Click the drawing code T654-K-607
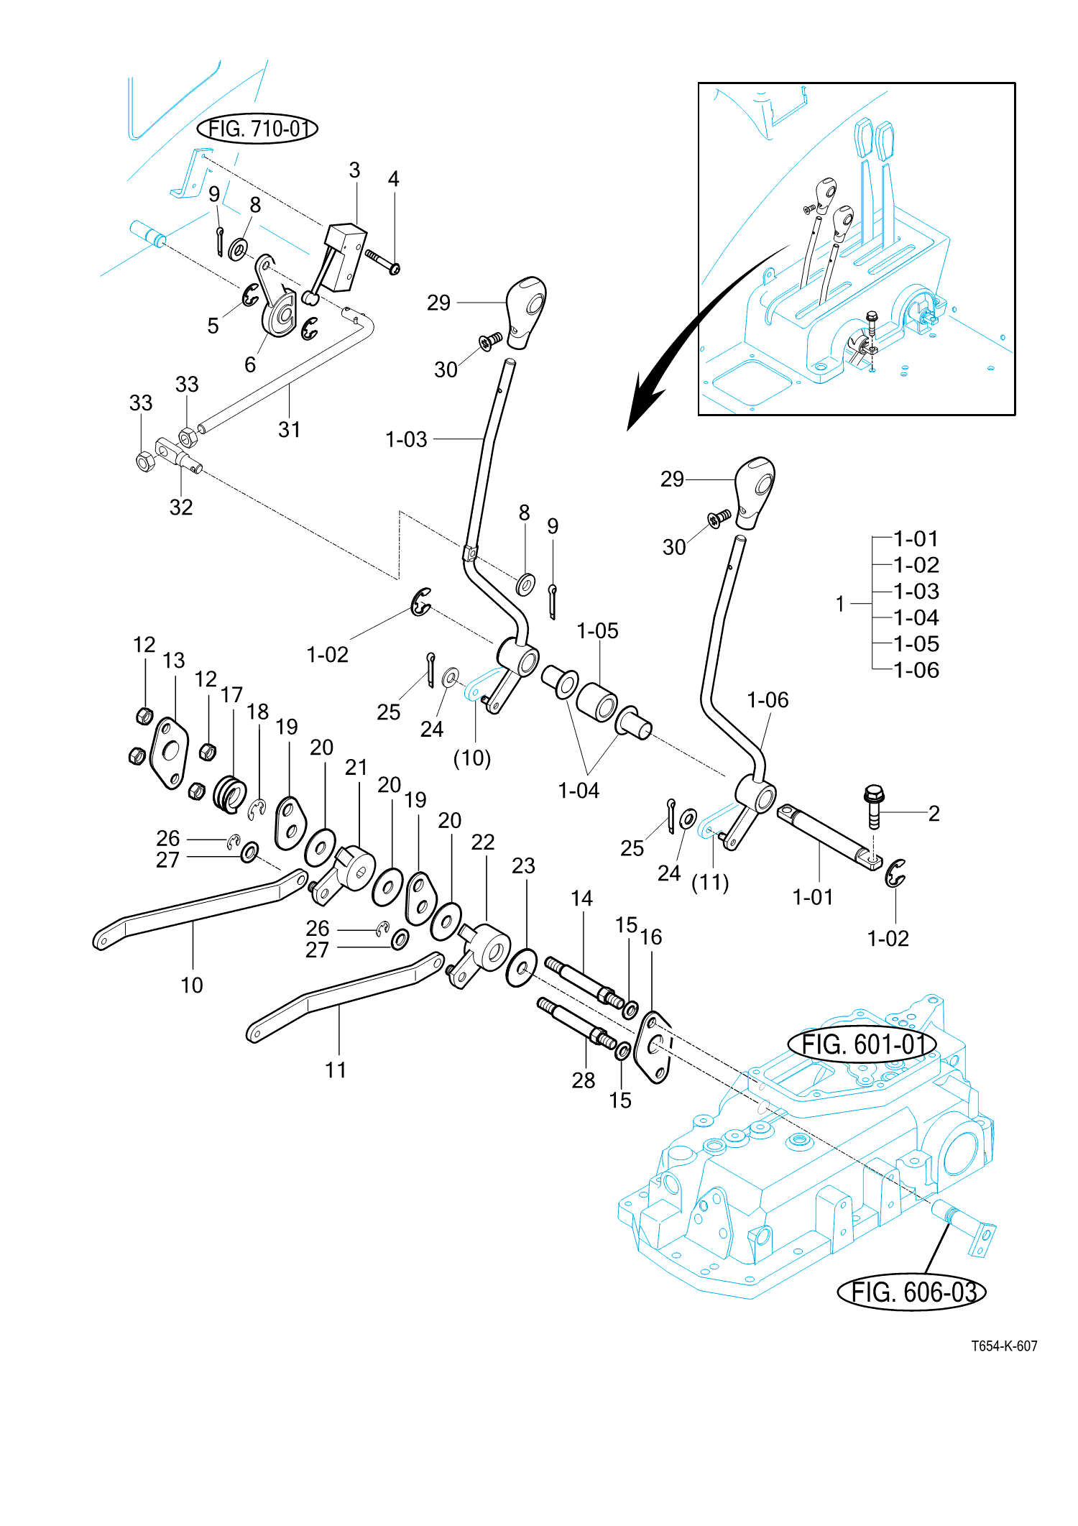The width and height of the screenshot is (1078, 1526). [1004, 1346]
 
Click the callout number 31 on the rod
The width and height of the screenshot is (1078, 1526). [290, 429]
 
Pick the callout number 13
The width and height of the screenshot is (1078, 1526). [174, 660]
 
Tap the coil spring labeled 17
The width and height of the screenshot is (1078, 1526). [231, 794]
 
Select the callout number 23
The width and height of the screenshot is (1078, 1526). [523, 865]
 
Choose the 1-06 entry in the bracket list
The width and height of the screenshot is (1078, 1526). [916, 670]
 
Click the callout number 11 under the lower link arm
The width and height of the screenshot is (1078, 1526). [336, 1070]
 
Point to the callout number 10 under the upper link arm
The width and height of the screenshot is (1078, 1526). [192, 985]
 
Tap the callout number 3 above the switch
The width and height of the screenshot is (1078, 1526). [354, 170]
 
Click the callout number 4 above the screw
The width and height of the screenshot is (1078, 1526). [393, 179]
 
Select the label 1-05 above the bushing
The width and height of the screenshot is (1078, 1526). [597, 630]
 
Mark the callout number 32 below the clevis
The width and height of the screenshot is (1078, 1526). [181, 507]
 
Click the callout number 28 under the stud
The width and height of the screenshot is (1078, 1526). [584, 1080]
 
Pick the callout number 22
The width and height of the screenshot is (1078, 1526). [483, 842]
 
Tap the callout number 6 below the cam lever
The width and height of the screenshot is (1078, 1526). [250, 364]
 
